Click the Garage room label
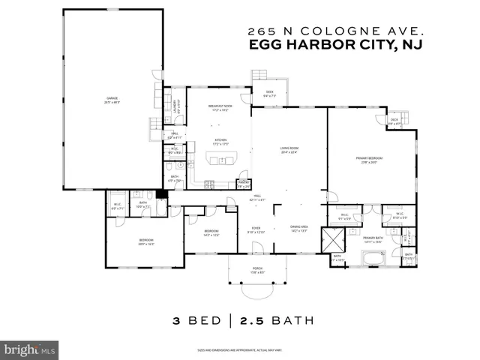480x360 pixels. tap(112, 100)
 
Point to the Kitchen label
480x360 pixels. tap(220, 141)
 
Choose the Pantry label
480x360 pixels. tap(244, 184)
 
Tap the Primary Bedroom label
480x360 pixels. tap(370, 160)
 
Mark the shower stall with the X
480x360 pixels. tap(331, 240)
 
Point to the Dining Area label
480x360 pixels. tap(299, 229)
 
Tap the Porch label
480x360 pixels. tap(256, 271)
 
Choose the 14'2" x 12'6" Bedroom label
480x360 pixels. tap(211, 232)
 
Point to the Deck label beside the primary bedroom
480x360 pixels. tap(394, 121)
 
